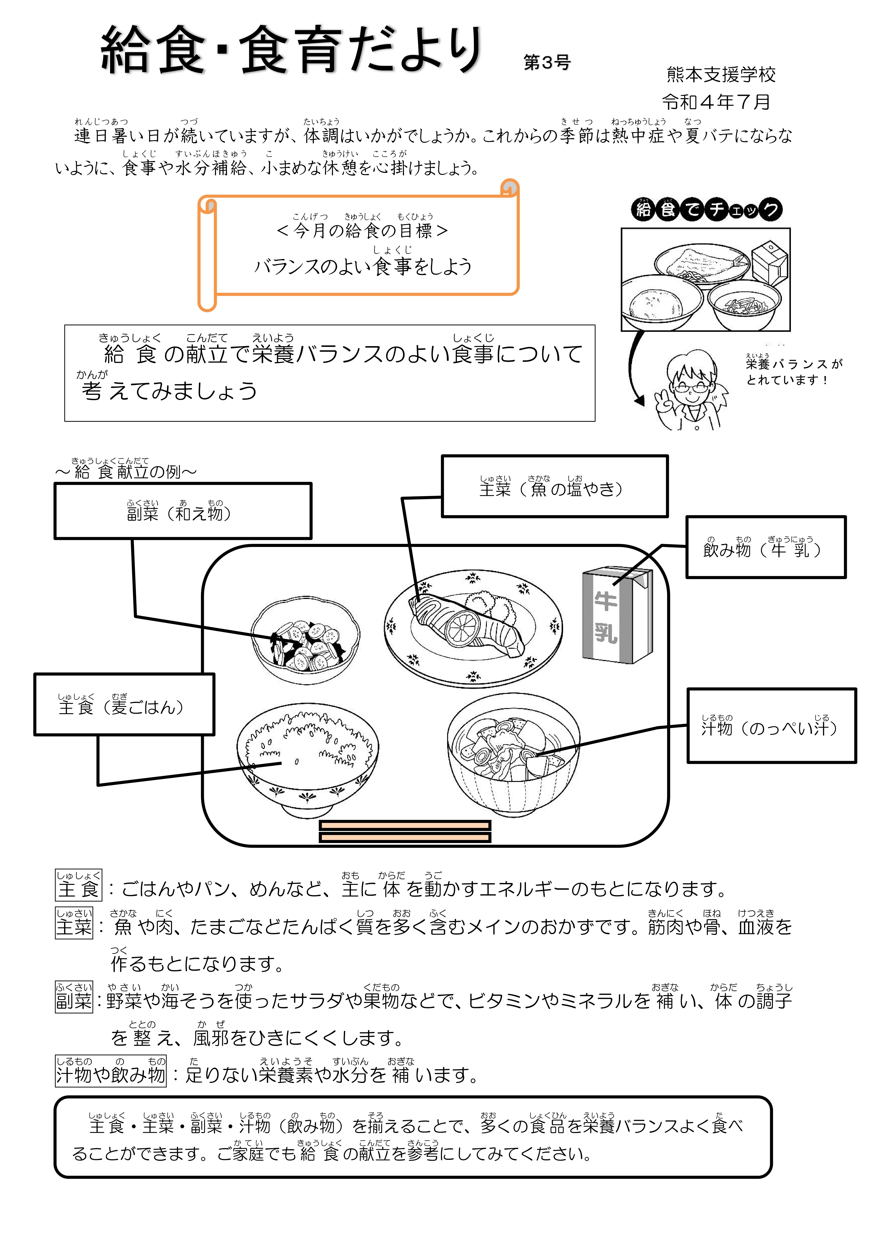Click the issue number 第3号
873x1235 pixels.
[x=547, y=63]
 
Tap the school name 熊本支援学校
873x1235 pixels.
[x=721, y=75]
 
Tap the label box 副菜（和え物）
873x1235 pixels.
[x=183, y=511]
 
